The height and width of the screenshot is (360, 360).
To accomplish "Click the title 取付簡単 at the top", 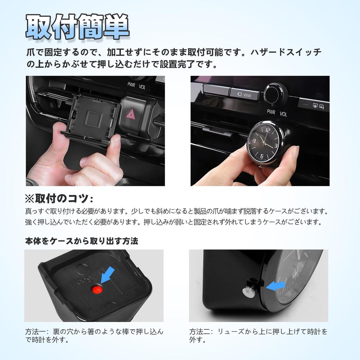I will click(x=77, y=27).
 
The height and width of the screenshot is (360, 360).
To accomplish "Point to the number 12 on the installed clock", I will click(x=267, y=131).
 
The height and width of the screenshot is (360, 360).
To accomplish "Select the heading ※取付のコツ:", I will click(x=59, y=199).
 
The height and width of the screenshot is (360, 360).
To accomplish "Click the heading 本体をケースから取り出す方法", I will click(x=82, y=241).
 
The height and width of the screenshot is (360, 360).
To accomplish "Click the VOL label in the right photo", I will click(x=283, y=114).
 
